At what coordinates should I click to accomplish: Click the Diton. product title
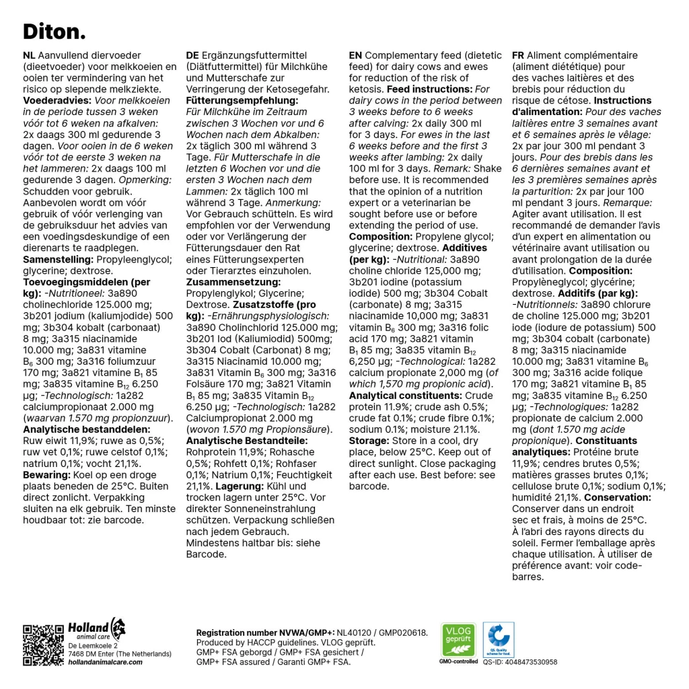click(55, 31)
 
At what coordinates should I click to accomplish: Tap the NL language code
click(30, 56)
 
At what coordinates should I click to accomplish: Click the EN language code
click(355, 56)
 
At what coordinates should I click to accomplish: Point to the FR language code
click(518, 56)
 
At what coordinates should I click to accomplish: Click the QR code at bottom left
click(44, 645)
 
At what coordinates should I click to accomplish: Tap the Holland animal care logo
click(97, 630)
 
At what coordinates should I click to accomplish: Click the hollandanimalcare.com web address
click(105, 662)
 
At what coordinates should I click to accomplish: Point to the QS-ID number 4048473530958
click(519, 662)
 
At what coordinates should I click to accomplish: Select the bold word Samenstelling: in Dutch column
click(59, 259)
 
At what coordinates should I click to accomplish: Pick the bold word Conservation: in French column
click(617, 497)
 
